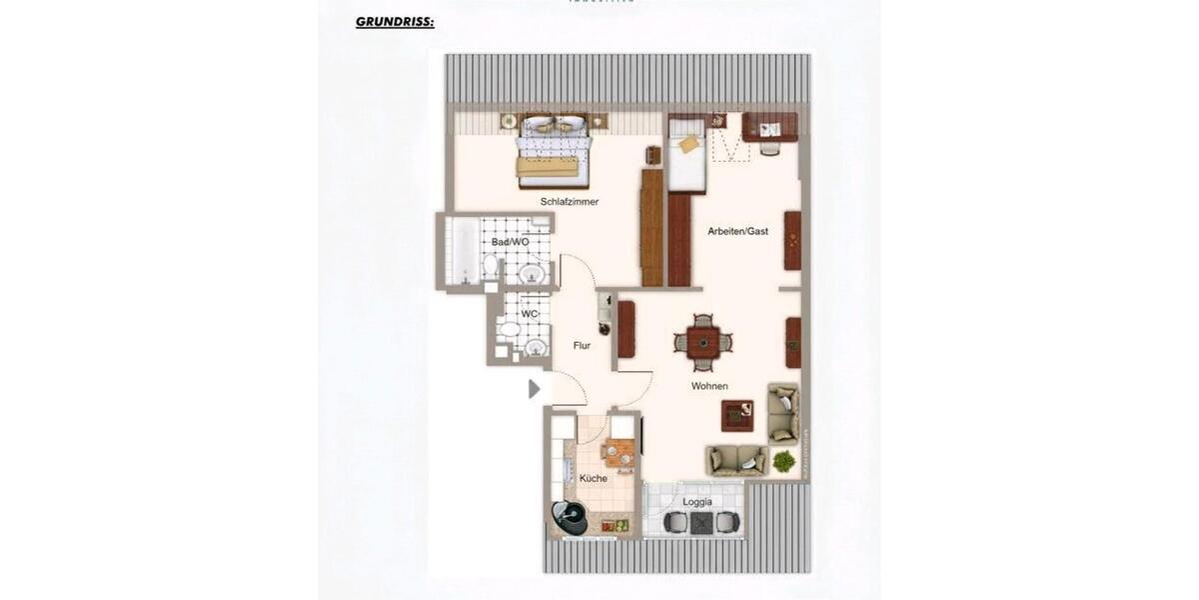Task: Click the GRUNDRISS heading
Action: [x=395, y=21]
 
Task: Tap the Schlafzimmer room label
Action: [x=570, y=202]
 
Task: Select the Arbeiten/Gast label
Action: [x=737, y=231]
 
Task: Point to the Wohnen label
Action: [x=709, y=386]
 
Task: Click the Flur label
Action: [x=582, y=346]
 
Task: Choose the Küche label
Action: [x=594, y=478]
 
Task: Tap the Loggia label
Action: [x=696, y=502]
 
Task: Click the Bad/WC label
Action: [x=509, y=242]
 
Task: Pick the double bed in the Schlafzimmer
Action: [x=554, y=150]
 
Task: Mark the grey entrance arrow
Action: [x=535, y=389]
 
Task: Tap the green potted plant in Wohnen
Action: [x=784, y=461]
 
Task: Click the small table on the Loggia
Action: [x=702, y=523]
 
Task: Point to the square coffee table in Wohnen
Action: [x=737, y=415]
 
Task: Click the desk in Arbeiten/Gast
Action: [x=769, y=127]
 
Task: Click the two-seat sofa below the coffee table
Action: [x=736, y=460]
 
